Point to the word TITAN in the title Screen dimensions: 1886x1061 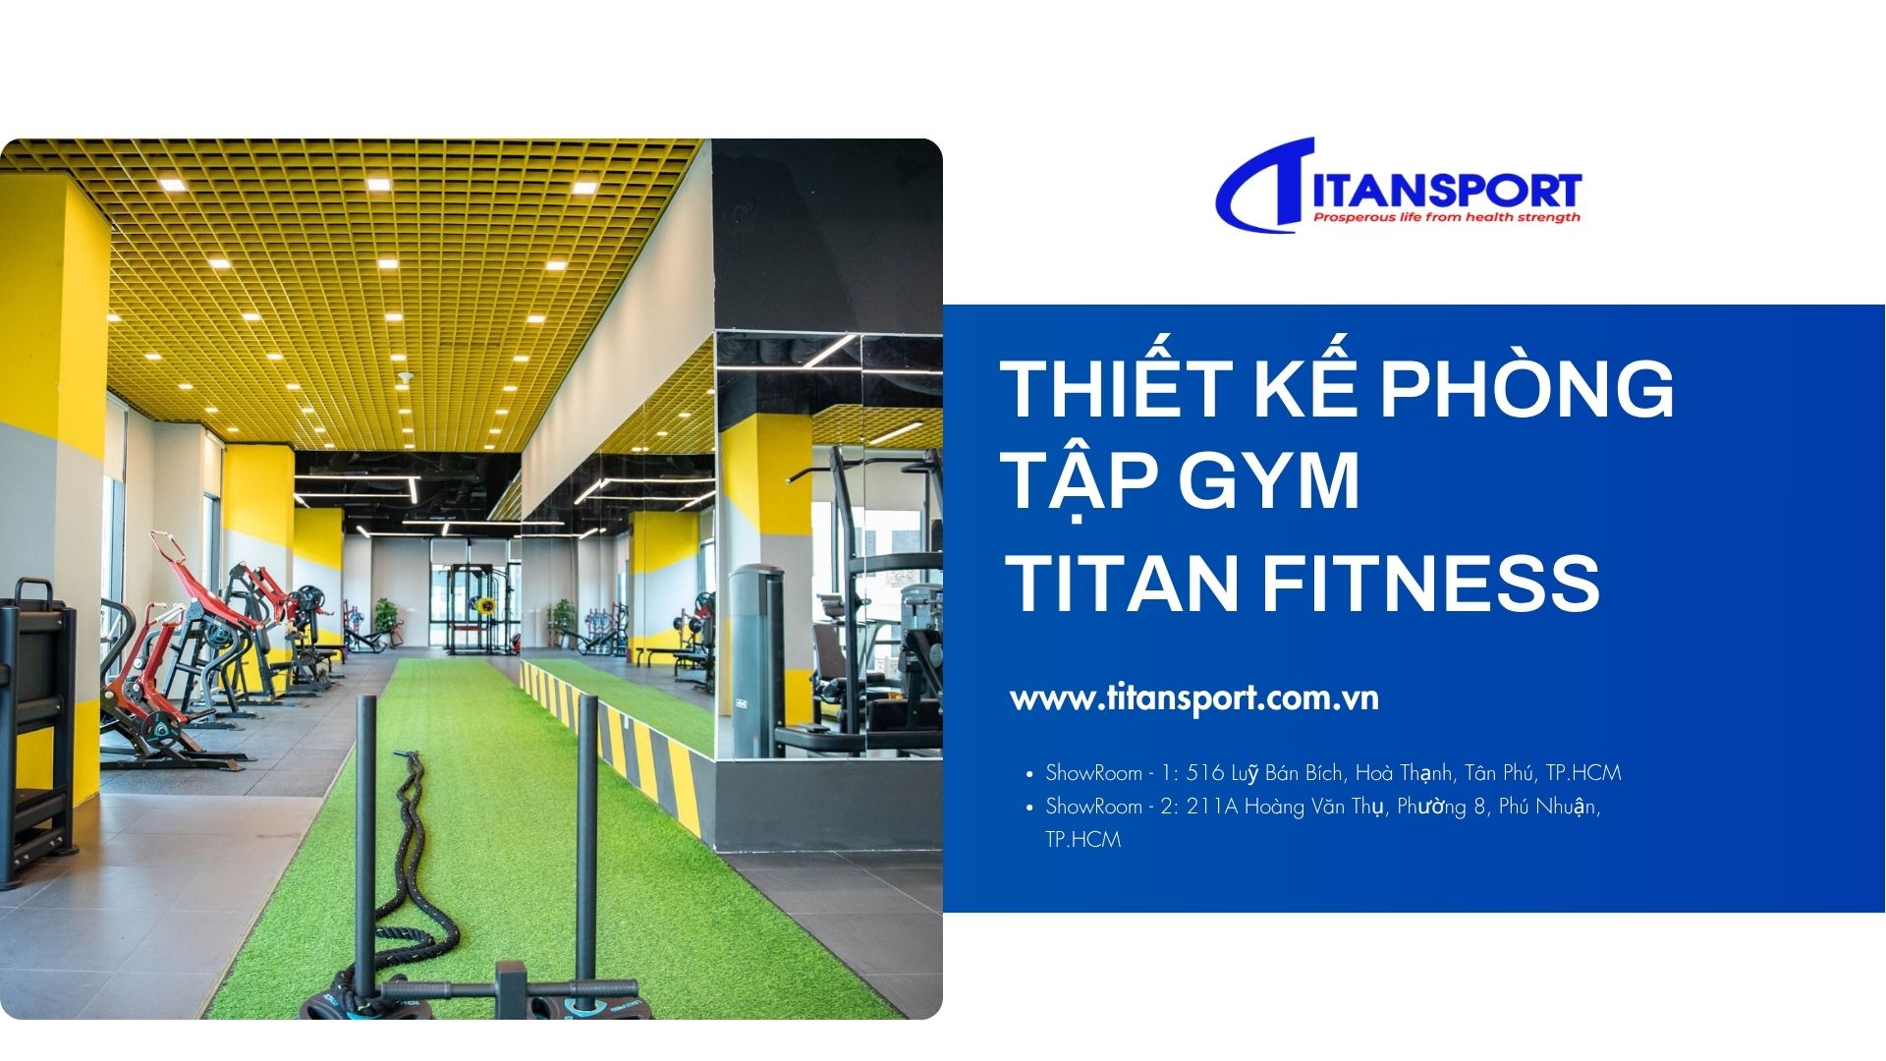click(x=1122, y=583)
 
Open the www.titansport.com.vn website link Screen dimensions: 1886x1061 click(x=1194, y=698)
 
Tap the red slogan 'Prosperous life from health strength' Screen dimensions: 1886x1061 click(x=1447, y=217)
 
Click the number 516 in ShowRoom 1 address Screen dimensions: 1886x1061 click(x=1205, y=773)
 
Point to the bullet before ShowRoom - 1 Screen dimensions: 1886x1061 click(x=1029, y=774)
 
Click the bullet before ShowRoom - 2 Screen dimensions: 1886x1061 click(x=1029, y=808)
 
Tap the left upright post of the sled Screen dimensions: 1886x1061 click(x=364, y=845)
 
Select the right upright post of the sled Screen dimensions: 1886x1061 click(x=586, y=845)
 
